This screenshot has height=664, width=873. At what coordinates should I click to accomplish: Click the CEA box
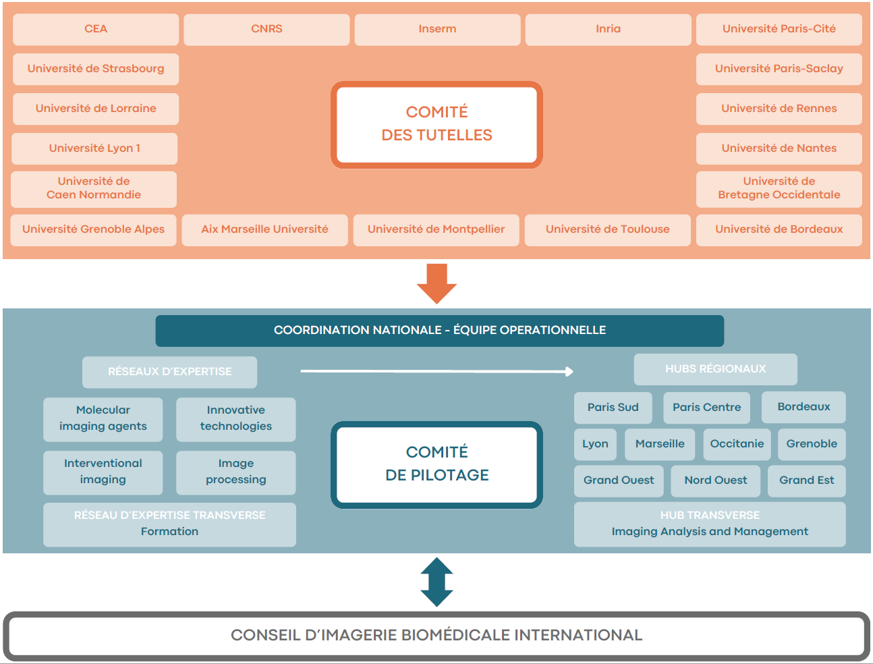(x=96, y=29)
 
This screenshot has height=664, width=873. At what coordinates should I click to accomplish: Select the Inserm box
(x=437, y=29)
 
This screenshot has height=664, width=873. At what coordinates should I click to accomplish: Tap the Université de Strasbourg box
(x=96, y=69)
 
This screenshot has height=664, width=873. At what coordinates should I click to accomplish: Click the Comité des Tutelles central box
(x=436, y=124)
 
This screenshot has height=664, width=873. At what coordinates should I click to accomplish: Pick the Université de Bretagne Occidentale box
(x=779, y=188)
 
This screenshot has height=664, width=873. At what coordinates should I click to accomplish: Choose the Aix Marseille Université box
(x=264, y=229)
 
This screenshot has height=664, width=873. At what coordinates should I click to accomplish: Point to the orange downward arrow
(x=436, y=283)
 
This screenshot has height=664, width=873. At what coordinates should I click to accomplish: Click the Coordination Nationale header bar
(x=439, y=331)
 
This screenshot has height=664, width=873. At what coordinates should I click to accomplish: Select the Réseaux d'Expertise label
(x=169, y=372)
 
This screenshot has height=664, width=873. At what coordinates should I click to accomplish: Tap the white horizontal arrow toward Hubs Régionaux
(x=436, y=371)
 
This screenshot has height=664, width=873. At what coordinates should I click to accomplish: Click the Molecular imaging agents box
(x=103, y=418)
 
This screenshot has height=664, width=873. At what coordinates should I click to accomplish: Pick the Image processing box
(x=235, y=472)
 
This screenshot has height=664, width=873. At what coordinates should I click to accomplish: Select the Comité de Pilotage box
(x=436, y=464)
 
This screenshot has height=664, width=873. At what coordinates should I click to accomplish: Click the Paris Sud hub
(x=613, y=408)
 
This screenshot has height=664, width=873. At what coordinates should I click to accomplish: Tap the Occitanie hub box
(x=737, y=444)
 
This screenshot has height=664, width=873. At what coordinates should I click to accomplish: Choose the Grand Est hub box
(x=806, y=480)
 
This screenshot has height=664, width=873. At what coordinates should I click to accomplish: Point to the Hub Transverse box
(x=709, y=524)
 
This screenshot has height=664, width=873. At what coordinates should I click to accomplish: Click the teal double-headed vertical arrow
(x=436, y=582)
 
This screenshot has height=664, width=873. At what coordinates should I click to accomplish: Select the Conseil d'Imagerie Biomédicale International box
(x=436, y=635)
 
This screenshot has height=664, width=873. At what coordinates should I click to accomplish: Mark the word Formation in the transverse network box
(x=169, y=532)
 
